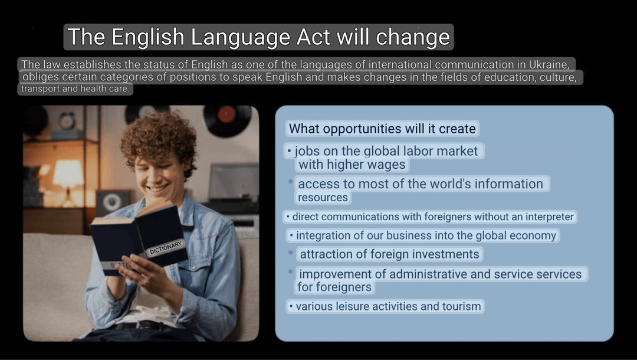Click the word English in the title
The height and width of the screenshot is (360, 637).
(x=147, y=37)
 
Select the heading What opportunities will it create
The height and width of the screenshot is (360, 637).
(x=382, y=129)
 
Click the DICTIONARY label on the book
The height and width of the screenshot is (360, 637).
(x=166, y=248)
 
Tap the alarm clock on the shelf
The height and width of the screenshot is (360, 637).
(x=67, y=120)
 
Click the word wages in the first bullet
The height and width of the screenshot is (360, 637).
(x=386, y=165)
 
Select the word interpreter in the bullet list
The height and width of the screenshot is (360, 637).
(x=550, y=217)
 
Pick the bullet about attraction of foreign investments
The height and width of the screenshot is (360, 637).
(x=389, y=254)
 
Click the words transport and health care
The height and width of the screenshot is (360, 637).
(x=75, y=89)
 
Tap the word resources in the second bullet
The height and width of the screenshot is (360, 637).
(x=323, y=198)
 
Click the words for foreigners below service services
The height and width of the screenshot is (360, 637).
(x=334, y=287)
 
